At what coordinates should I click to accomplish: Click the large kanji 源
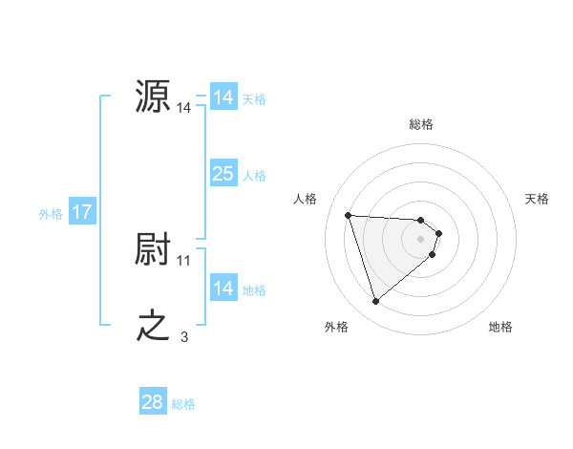[x=154, y=97]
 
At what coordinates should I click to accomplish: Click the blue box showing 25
[x=223, y=174]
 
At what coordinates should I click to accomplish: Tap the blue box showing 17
[x=82, y=212]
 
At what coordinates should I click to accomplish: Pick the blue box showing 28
[x=153, y=402]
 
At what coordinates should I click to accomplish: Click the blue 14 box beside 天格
[x=223, y=97]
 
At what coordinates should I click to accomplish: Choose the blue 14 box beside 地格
[x=223, y=289]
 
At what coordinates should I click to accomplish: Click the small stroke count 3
[x=183, y=336]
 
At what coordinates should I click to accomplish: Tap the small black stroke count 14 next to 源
[x=184, y=109]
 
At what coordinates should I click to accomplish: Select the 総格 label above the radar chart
[x=421, y=124]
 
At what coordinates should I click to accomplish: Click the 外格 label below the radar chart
[x=336, y=327]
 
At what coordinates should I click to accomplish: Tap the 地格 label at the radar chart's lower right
[x=500, y=327]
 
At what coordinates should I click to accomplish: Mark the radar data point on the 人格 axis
[x=349, y=215]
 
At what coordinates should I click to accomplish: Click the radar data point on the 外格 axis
[x=376, y=302]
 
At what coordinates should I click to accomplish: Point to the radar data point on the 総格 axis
[x=421, y=220]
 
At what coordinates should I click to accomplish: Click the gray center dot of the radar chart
[x=421, y=239]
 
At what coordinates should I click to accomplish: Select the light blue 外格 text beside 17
[x=51, y=214]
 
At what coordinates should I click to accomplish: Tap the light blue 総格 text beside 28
[x=183, y=404]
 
